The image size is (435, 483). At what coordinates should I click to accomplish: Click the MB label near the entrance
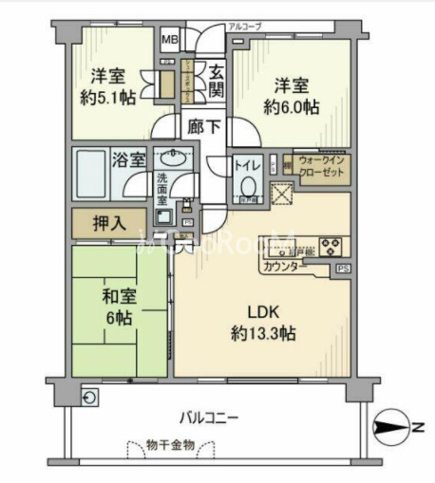click(168, 40)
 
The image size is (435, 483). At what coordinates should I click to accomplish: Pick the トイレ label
click(250, 164)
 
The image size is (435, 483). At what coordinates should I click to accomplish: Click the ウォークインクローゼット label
click(321, 171)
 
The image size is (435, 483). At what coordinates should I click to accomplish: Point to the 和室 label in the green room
click(121, 294)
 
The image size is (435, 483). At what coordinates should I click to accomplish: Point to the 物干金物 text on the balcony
click(171, 445)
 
